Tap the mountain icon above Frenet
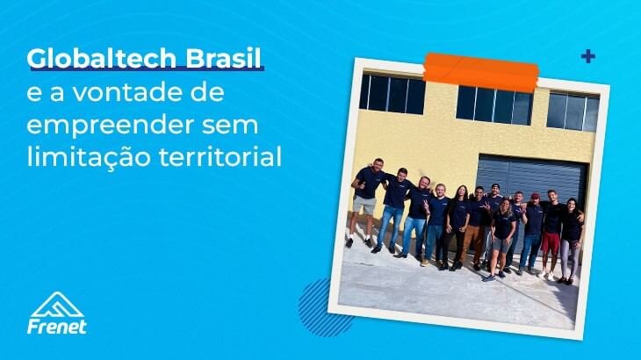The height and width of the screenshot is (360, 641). point(57,304)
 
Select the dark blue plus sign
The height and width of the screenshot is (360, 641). point(587,57)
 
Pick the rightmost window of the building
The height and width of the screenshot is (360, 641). point(571,112)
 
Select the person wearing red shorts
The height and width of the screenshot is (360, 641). point(551,231)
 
